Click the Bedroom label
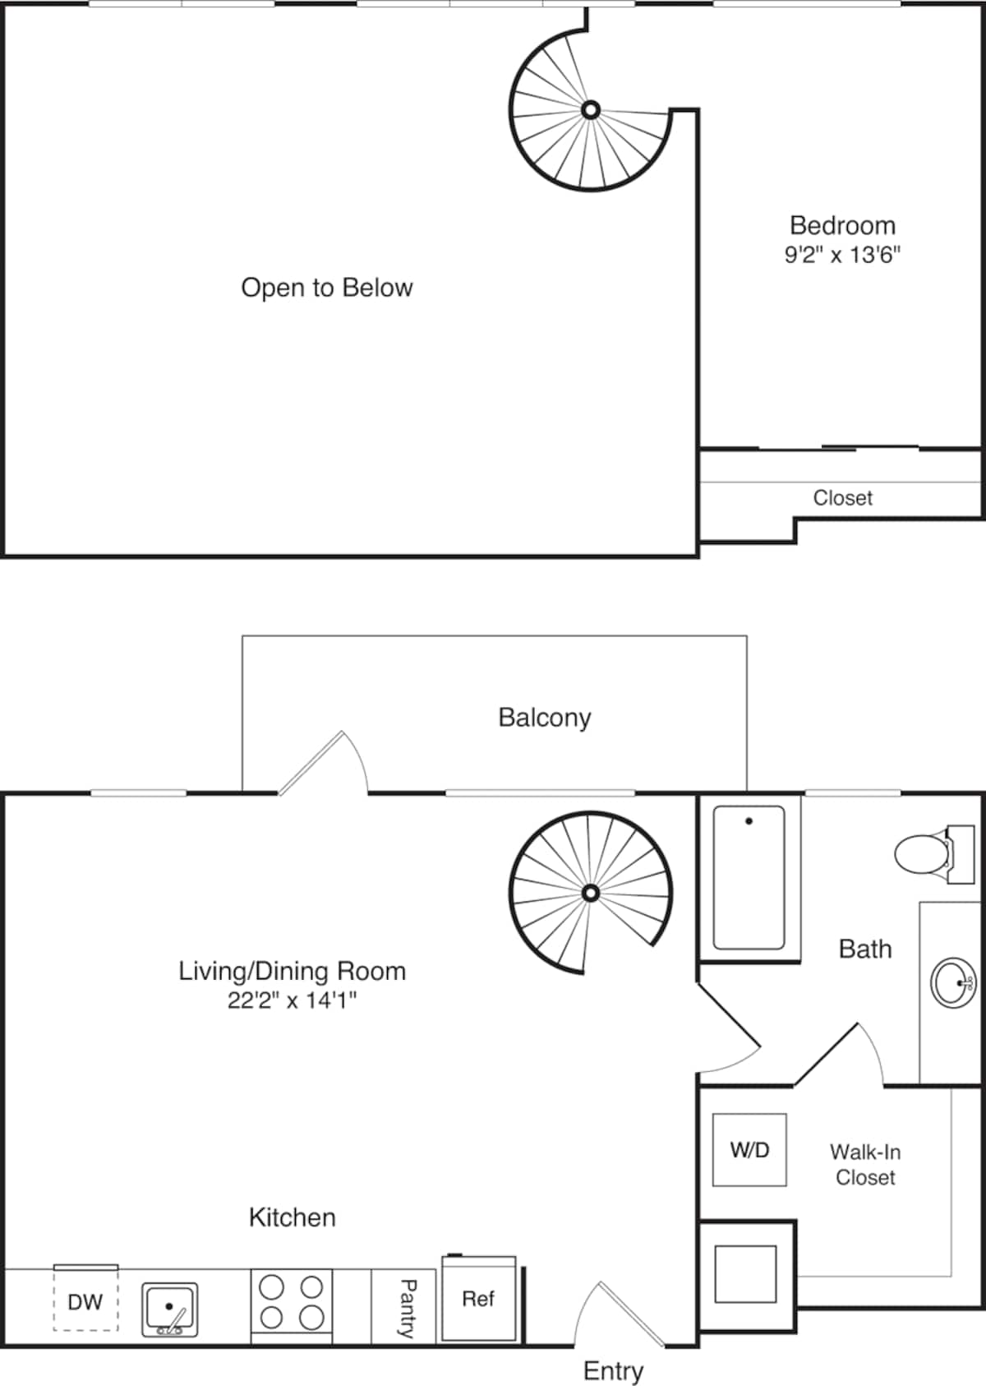click(x=842, y=225)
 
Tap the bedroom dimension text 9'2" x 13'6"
click(x=842, y=254)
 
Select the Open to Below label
click(x=326, y=288)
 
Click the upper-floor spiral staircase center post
click(x=590, y=109)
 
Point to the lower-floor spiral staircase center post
click(x=590, y=893)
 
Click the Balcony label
click(x=544, y=718)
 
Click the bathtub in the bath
click(x=749, y=877)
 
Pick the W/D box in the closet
click(x=749, y=1149)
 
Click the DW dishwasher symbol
click(x=85, y=1301)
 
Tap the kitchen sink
click(x=169, y=1308)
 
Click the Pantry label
click(x=406, y=1308)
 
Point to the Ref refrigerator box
click(x=478, y=1300)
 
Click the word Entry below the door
click(x=613, y=1370)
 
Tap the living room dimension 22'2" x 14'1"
click(x=292, y=1000)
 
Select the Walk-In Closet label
click(x=864, y=1164)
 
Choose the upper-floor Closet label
click(x=842, y=497)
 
